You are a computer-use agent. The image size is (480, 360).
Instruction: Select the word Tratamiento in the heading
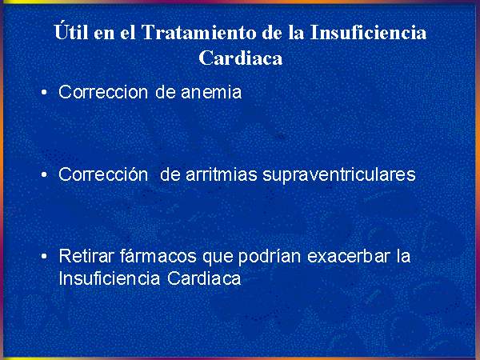tap(198, 32)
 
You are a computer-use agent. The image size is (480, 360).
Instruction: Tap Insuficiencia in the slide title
tap(368, 32)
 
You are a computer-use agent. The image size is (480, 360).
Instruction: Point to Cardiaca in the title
tap(240, 58)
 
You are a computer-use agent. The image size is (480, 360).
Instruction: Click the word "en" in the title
tap(104, 34)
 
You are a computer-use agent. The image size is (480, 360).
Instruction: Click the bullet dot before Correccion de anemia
tap(44, 92)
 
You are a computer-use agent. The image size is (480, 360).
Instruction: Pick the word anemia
tap(211, 92)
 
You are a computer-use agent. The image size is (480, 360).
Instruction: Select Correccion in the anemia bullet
tap(103, 92)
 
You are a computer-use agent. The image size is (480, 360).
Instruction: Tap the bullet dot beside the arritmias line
tap(44, 174)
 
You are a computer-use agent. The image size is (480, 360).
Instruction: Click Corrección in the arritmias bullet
tap(103, 174)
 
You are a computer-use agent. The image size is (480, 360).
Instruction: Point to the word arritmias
tap(221, 174)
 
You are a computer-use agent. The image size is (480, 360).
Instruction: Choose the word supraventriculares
tap(339, 175)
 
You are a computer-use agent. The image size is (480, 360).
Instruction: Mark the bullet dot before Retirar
tap(44, 257)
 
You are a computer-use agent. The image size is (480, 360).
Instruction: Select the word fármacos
tap(158, 256)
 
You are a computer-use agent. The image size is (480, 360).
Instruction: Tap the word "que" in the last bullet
tap(218, 258)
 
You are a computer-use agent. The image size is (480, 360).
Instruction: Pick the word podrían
tap(270, 257)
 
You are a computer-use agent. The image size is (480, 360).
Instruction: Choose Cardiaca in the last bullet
tap(204, 278)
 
